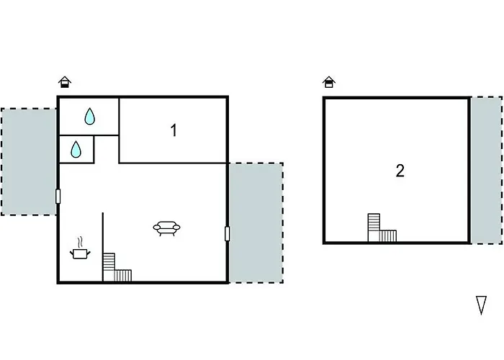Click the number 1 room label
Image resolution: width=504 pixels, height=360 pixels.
[x=174, y=130]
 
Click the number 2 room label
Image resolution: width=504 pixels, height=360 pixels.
[x=400, y=171]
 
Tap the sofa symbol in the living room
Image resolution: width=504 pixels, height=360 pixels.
[x=166, y=229]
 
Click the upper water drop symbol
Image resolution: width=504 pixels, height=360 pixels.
[x=89, y=116]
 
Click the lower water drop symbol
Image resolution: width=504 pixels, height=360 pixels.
[x=76, y=150]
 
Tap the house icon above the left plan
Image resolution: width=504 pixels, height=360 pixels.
[x=65, y=82]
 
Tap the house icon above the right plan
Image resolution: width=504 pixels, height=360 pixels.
[x=329, y=82]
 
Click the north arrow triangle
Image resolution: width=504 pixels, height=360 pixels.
[x=482, y=305]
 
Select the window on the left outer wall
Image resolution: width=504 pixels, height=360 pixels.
[x=58, y=197]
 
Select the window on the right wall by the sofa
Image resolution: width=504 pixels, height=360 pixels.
[x=228, y=233]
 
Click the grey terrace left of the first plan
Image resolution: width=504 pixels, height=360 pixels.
[x=29, y=161]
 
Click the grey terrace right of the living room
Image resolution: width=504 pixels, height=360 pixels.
[x=256, y=222]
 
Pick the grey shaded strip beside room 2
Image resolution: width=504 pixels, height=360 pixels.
[x=486, y=170]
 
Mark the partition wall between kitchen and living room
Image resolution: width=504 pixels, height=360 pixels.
[x=103, y=238]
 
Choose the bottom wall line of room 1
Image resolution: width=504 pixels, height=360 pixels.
[x=173, y=163]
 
